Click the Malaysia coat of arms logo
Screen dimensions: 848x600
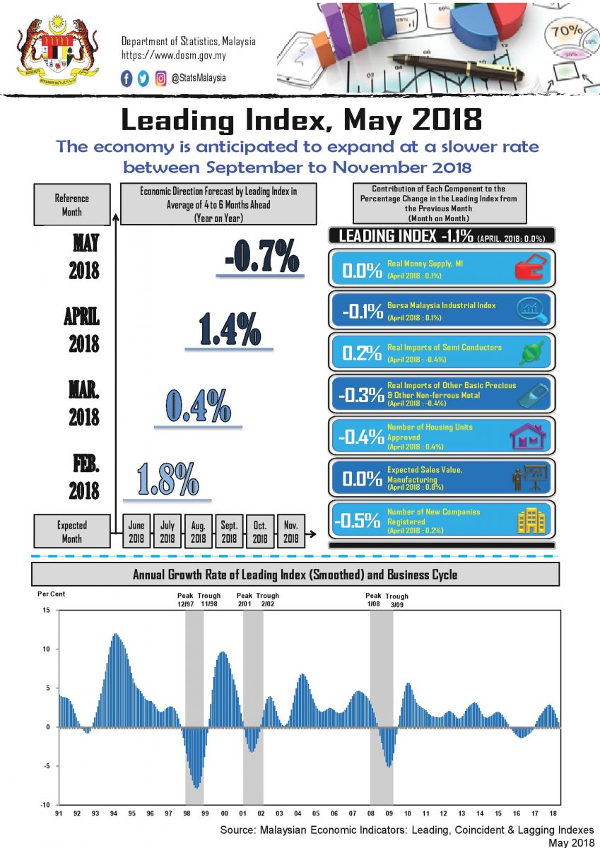[x=57, y=49]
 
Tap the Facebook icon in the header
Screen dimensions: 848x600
[x=127, y=79]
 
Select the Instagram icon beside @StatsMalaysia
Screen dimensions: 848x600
[x=161, y=79]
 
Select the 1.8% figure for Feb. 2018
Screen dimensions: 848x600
[x=167, y=478]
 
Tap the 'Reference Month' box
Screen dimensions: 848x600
[x=71, y=205]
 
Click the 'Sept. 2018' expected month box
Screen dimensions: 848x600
[x=229, y=531]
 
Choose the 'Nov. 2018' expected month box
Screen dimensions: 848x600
[x=291, y=531]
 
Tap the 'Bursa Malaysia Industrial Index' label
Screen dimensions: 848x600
[x=441, y=305]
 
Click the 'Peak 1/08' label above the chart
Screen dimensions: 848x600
[x=373, y=601]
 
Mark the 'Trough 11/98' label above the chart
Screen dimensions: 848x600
[x=209, y=601]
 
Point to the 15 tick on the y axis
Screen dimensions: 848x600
[x=45, y=611]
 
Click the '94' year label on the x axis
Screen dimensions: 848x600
[x=114, y=813]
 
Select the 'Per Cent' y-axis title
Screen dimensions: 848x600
[x=51, y=594]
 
